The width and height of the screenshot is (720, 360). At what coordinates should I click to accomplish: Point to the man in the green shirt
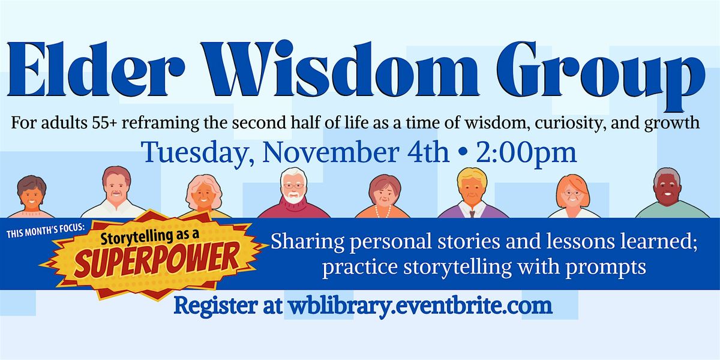667,196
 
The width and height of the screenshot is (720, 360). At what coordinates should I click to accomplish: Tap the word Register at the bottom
214,306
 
